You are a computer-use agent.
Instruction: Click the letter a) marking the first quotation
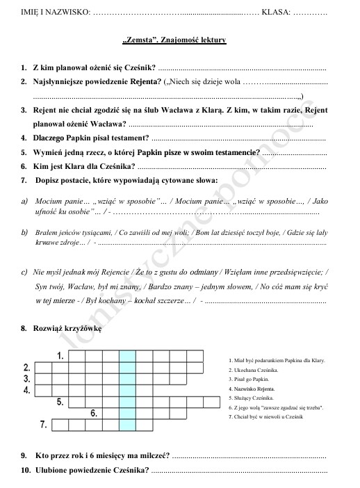tap(24, 200)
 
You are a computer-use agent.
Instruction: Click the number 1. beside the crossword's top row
tap(60, 356)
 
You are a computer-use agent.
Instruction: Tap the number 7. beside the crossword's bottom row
tap(43, 423)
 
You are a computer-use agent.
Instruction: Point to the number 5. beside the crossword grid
tap(60, 401)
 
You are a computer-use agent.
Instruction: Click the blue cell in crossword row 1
tap(127, 356)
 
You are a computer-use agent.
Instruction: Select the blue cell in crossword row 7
tap(127, 423)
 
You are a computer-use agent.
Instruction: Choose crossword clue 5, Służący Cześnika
tap(251, 398)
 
